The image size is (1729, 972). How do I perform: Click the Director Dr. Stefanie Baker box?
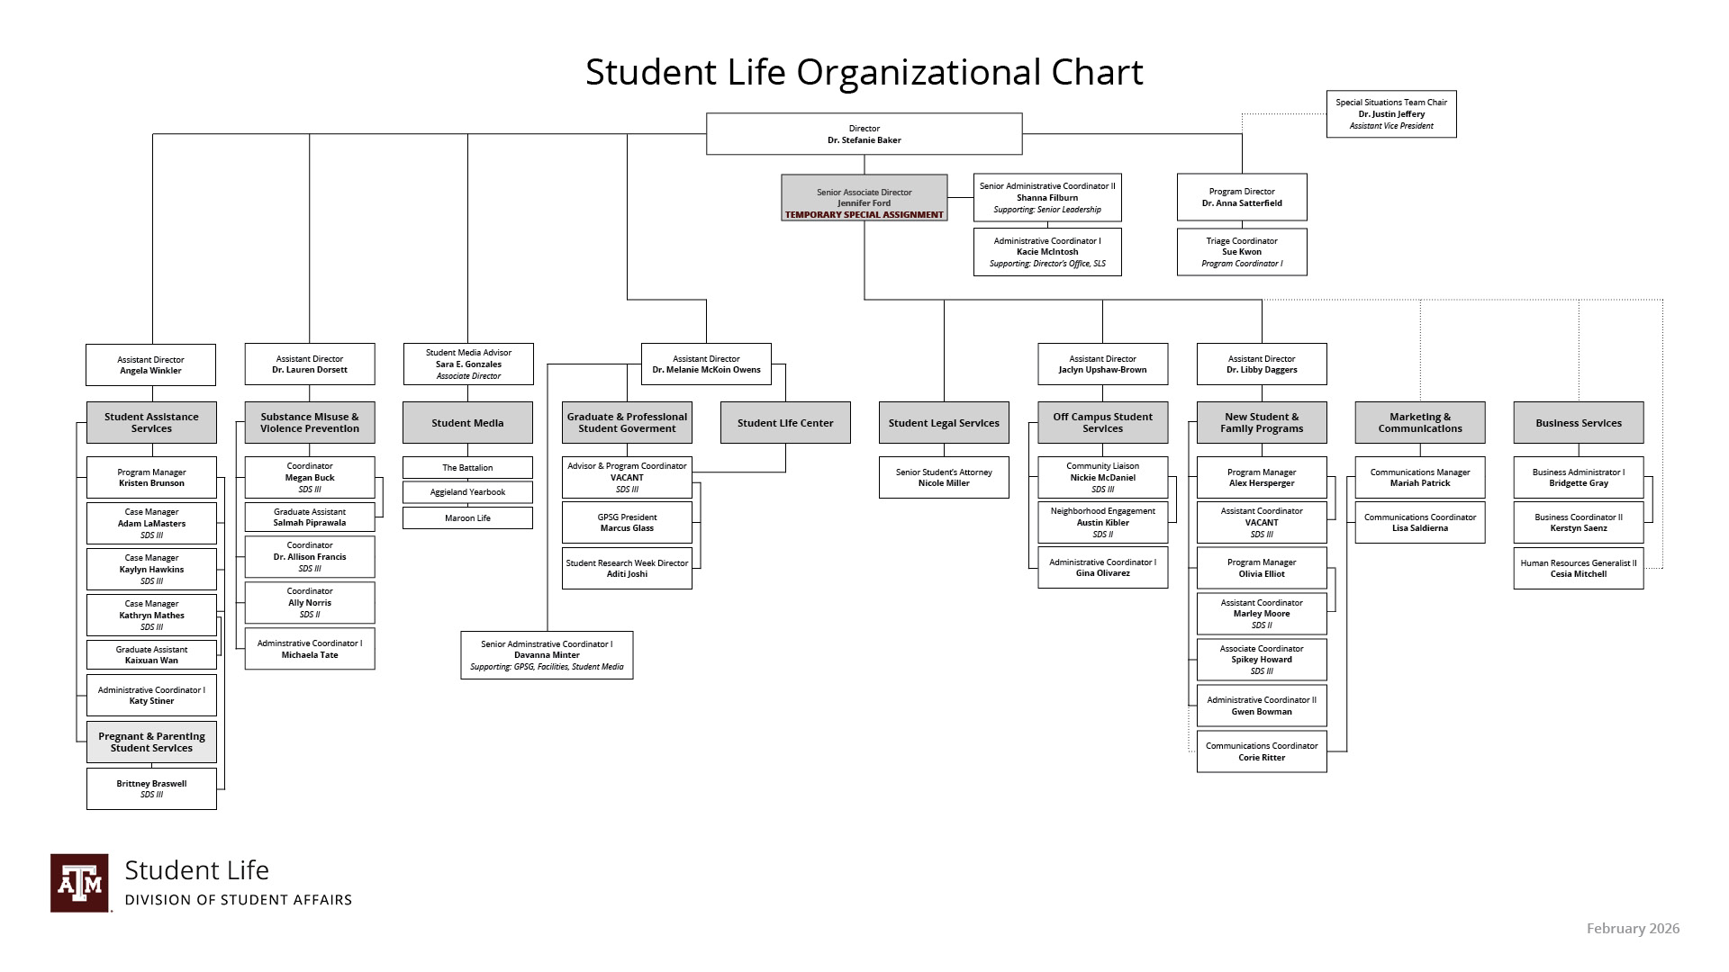click(864, 134)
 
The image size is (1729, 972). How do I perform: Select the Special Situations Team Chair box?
click(1391, 114)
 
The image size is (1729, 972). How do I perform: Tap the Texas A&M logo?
click(79, 883)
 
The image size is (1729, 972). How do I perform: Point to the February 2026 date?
click(1633, 929)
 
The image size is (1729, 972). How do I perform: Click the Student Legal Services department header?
click(944, 423)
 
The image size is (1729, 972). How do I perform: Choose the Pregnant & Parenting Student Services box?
click(151, 742)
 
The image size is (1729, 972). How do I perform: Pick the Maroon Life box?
click(467, 518)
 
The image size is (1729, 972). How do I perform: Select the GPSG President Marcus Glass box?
click(627, 523)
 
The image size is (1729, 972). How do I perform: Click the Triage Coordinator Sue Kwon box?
click(1242, 252)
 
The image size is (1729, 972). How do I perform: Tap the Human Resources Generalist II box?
click(1579, 569)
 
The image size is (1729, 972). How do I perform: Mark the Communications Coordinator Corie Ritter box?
click(1262, 751)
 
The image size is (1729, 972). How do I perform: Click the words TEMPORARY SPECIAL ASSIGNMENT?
click(864, 215)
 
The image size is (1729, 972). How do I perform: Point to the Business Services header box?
click(1579, 423)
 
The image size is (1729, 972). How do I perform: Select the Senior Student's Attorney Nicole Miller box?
click(944, 478)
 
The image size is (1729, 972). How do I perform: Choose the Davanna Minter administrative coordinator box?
click(547, 655)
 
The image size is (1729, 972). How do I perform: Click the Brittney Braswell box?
click(151, 788)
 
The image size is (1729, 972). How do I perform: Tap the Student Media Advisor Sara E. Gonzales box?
click(468, 364)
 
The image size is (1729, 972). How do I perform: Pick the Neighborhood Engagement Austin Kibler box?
click(1102, 523)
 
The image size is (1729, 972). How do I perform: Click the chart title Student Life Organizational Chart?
click(864, 72)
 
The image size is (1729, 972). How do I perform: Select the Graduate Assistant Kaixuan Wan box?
click(151, 655)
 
